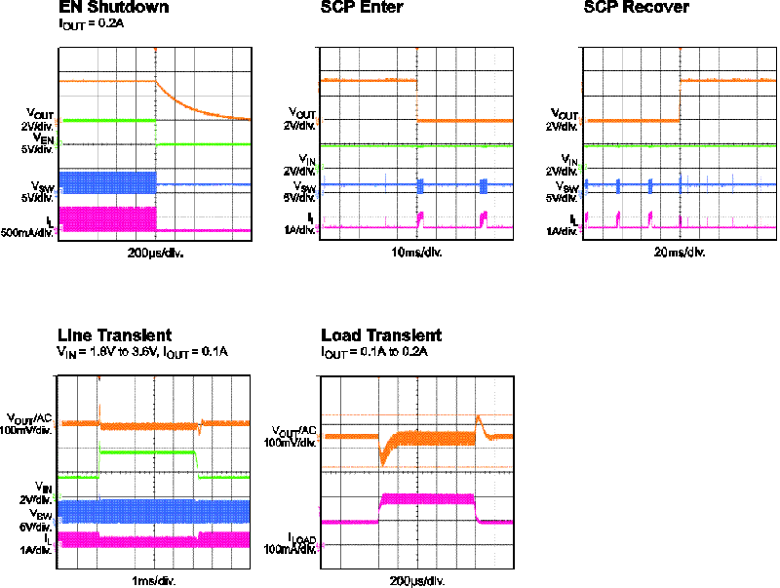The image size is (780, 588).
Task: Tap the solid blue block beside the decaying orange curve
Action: pyautogui.click(x=108, y=182)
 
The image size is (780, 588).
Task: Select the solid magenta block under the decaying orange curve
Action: pyautogui.click(x=108, y=218)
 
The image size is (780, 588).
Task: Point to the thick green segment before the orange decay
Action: pyautogui.click(x=108, y=120)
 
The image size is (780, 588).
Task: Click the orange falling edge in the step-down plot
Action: pyautogui.click(x=417, y=100)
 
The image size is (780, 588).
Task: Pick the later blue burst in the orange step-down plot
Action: pyautogui.click(x=483, y=185)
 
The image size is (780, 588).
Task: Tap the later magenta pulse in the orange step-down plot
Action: pyautogui.click(x=483, y=219)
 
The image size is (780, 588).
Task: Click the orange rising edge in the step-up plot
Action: pyautogui.click(x=680, y=100)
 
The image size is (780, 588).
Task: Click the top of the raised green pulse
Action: pyautogui.click(x=146, y=451)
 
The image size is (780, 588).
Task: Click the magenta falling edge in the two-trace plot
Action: pyautogui.click(x=475, y=509)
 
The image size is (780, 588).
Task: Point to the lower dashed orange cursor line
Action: pyautogui.click(x=419, y=467)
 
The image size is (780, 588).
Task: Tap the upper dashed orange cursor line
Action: pyautogui.click(x=419, y=415)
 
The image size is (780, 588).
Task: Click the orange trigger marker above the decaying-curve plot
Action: pyautogui.click(x=155, y=49)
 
